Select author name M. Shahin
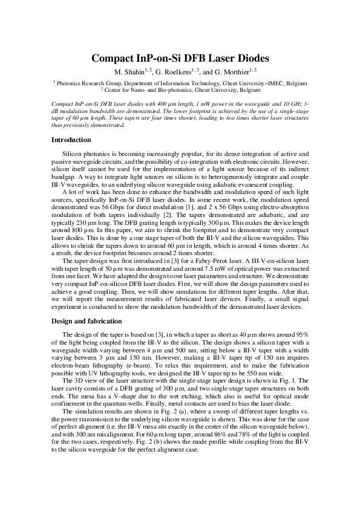pos(127,72)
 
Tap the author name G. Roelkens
pos(172,72)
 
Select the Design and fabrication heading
pos(87,321)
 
